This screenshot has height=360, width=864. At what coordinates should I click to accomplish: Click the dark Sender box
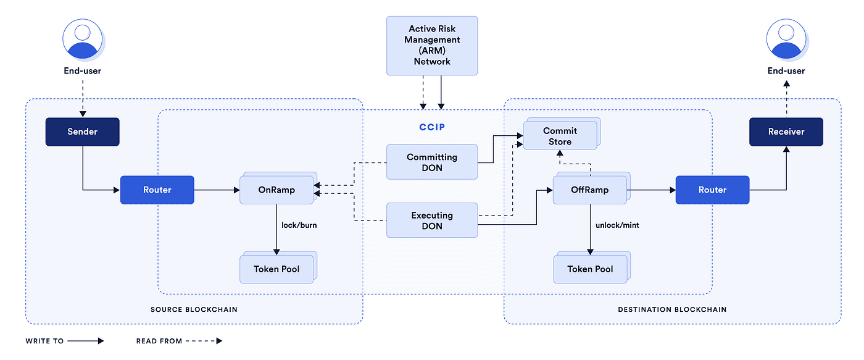pyautogui.click(x=82, y=132)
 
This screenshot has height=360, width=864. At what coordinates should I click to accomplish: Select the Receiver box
pyautogui.click(x=786, y=132)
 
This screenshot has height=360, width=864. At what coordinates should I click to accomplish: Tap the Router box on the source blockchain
pyautogui.click(x=157, y=190)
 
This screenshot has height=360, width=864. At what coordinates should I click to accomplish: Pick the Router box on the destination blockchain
pyautogui.click(x=712, y=190)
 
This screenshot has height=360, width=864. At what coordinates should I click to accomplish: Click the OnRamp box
pyautogui.click(x=276, y=190)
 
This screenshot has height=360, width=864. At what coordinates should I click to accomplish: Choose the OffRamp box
pyautogui.click(x=589, y=190)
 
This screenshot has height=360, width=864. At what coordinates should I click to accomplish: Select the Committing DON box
pyautogui.click(x=432, y=162)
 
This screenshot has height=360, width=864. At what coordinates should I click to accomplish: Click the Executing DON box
pyautogui.click(x=432, y=220)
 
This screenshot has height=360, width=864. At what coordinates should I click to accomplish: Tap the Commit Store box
pyautogui.click(x=560, y=136)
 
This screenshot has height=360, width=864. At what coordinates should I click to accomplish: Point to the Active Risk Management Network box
pyautogui.click(x=432, y=46)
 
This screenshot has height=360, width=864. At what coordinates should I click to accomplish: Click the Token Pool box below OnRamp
pyautogui.click(x=276, y=269)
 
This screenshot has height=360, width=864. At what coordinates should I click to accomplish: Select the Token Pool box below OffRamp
pyautogui.click(x=590, y=269)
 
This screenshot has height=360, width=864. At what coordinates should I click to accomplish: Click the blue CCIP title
pyautogui.click(x=432, y=127)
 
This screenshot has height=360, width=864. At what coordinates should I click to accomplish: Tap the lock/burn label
pyautogui.click(x=299, y=225)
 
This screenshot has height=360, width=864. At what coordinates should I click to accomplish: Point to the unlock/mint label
pyautogui.click(x=617, y=225)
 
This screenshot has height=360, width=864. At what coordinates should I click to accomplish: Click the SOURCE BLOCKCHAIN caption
pyautogui.click(x=194, y=309)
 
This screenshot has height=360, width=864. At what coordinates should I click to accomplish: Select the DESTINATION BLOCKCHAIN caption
pyautogui.click(x=672, y=309)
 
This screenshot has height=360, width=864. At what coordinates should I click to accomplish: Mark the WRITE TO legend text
pyautogui.click(x=44, y=341)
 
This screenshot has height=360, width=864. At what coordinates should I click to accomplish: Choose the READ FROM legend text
pyautogui.click(x=159, y=341)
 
